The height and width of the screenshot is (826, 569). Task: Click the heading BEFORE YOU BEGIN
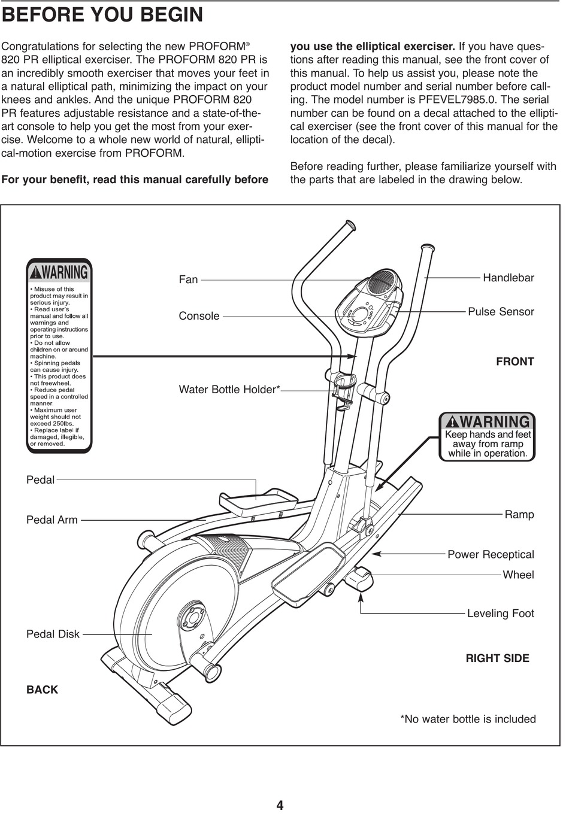click(x=102, y=15)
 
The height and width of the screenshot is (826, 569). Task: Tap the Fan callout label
click(x=188, y=280)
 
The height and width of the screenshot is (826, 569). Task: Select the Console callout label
click(x=199, y=316)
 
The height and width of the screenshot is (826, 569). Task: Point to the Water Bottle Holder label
click(x=229, y=390)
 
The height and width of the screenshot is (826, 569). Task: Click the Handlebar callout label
click(x=508, y=278)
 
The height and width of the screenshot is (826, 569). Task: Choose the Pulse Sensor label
click(x=501, y=312)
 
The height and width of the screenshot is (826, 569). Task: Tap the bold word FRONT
click(x=514, y=362)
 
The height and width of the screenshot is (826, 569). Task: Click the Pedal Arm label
click(x=52, y=520)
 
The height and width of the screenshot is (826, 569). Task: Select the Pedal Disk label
click(x=53, y=634)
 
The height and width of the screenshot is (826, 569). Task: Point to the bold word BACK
click(x=42, y=690)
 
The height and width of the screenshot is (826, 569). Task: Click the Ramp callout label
click(x=519, y=515)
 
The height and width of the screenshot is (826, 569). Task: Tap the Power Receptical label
click(x=491, y=555)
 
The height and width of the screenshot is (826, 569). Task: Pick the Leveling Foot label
click(x=500, y=614)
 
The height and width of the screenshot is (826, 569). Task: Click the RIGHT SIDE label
click(x=497, y=658)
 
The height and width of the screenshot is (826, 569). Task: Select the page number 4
click(x=280, y=806)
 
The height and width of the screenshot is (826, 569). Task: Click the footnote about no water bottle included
click(x=468, y=719)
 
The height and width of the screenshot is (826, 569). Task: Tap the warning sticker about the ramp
click(x=487, y=437)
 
